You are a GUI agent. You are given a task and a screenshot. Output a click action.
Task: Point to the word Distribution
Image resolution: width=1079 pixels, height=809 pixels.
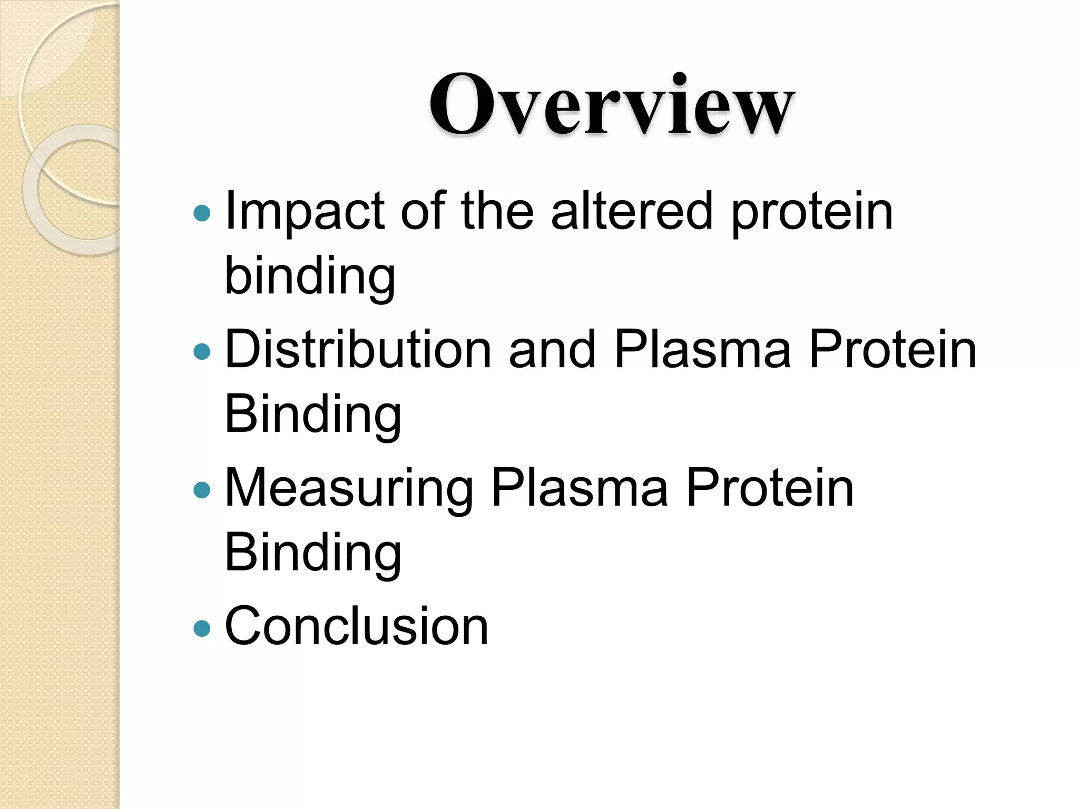click(x=358, y=349)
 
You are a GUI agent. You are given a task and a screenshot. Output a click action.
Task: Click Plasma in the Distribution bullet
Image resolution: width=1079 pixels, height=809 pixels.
click(x=703, y=349)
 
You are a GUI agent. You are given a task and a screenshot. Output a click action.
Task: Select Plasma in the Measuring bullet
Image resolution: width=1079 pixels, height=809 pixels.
click(x=580, y=488)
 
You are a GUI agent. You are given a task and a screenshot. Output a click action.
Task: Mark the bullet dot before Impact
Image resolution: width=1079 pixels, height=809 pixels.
click(x=202, y=213)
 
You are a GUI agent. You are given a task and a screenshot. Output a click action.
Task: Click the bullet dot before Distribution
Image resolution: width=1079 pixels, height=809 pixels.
click(x=202, y=351)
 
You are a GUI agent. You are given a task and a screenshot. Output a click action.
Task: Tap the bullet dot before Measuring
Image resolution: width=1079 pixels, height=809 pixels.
click(x=202, y=490)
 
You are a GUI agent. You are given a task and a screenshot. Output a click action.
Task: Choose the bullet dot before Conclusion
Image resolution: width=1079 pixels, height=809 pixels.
click(x=202, y=628)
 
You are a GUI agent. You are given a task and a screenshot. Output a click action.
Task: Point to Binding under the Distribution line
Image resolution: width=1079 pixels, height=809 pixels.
click(x=313, y=415)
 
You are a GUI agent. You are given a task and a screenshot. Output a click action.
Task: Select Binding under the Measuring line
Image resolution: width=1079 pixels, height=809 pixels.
click(x=313, y=553)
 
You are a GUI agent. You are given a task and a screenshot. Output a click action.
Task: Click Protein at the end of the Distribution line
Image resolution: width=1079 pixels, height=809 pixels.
click(x=892, y=349)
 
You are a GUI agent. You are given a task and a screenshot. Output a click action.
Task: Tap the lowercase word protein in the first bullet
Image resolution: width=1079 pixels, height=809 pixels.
click(x=812, y=212)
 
